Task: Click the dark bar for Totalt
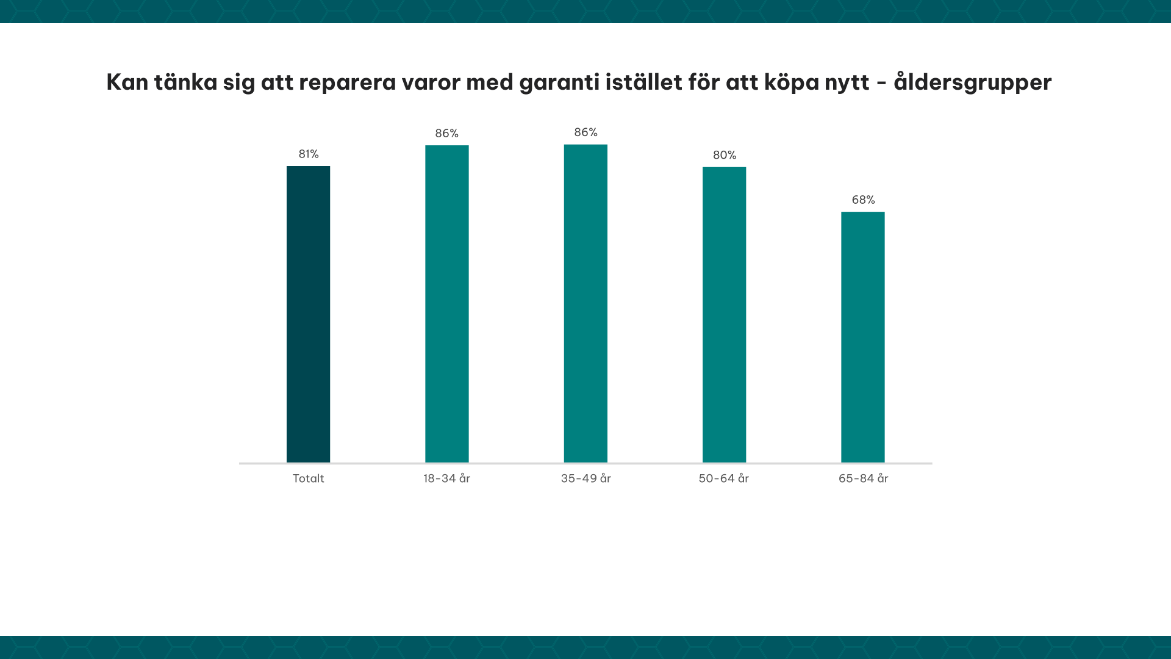[x=308, y=314]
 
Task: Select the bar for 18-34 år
[x=446, y=304]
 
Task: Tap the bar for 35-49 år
[x=585, y=303]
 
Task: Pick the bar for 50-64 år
[x=724, y=315]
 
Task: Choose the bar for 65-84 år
[x=862, y=337]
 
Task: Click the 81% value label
[x=308, y=154]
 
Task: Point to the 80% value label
[x=724, y=155]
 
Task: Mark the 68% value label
[x=863, y=200]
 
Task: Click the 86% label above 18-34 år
[x=446, y=133]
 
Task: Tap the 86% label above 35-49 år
[x=585, y=132]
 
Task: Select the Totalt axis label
[x=308, y=478]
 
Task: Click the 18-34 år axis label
[x=446, y=478]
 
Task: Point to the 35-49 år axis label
[x=585, y=478]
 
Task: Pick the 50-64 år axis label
[x=723, y=478]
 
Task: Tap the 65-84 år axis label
[x=863, y=478]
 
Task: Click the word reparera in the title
[x=347, y=82]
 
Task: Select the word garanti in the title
[x=559, y=82]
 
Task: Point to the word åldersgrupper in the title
[x=972, y=82]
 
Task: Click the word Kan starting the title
[x=127, y=82]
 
